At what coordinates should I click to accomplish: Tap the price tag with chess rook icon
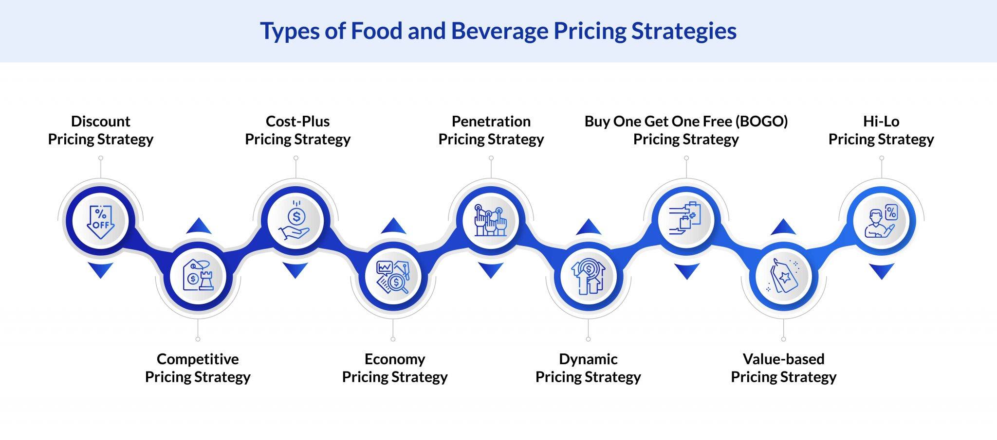(198, 276)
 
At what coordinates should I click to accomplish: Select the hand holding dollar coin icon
(295, 221)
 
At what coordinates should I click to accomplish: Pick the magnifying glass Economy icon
(393, 277)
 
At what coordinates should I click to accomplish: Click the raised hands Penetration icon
(491, 221)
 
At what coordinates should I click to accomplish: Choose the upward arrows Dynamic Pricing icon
(589, 277)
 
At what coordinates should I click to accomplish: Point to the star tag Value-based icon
(783, 277)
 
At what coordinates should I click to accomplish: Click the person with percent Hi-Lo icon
(881, 221)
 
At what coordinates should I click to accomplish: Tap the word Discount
(101, 121)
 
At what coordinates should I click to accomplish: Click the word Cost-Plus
(297, 121)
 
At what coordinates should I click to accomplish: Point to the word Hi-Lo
(881, 121)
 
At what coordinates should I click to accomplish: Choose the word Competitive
(198, 359)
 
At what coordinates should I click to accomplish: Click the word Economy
(395, 359)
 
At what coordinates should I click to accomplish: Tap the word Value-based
(783, 359)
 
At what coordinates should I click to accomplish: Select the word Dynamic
(588, 359)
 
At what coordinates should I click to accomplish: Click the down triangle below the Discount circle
(101, 269)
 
